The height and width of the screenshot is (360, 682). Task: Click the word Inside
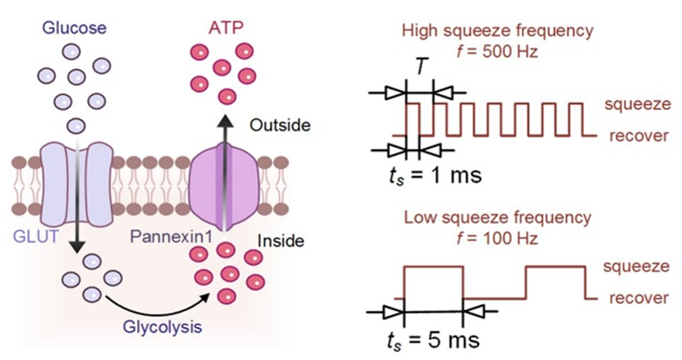pyautogui.click(x=282, y=240)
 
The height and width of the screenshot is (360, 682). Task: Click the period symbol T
pyautogui.click(x=419, y=67)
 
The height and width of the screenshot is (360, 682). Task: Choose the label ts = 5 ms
pyautogui.click(x=434, y=342)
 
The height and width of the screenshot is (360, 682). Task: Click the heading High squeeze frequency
pyautogui.click(x=498, y=32)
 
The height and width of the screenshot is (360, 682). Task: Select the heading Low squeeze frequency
pyautogui.click(x=498, y=219)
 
